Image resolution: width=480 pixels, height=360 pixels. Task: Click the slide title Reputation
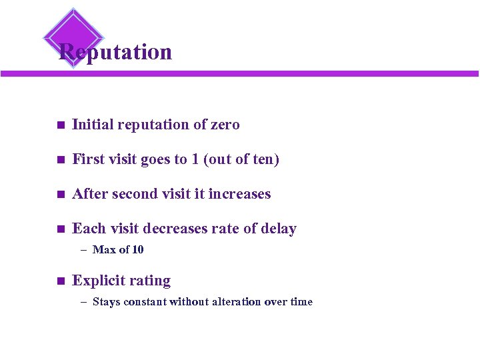tap(115, 52)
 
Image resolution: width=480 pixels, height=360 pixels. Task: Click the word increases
tap(239, 194)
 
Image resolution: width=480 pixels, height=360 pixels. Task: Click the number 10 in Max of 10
tap(137, 250)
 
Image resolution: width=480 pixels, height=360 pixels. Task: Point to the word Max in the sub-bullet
tap(104, 250)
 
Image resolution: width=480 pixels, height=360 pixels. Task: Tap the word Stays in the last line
tap(106, 302)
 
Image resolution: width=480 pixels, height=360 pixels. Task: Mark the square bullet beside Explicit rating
tap(59, 281)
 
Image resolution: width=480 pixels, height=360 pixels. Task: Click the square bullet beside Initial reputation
tap(59, 125)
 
